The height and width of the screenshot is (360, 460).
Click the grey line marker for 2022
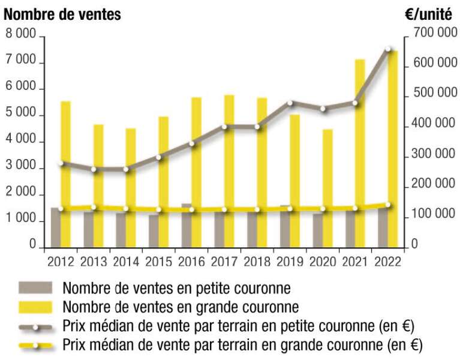pyautogui.click(x=388, y=49)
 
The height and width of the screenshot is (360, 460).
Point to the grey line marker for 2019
pyautogui.click(x=290, y=103)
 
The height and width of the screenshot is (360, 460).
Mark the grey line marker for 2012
pyautogui.click(x=61, y=163)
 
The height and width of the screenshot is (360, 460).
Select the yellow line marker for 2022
pyautogui.click(x=388, y=205)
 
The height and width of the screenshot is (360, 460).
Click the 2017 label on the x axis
pyautogui.click(x=224, y=262)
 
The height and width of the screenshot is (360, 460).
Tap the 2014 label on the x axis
pyautogui.click(x=126, y=262)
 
